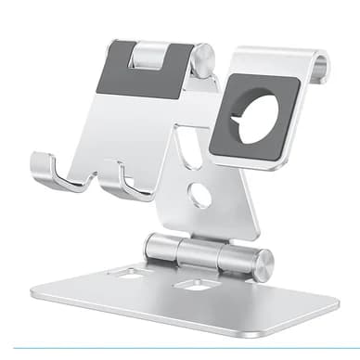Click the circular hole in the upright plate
(199, 196)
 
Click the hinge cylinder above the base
(207, 253)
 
